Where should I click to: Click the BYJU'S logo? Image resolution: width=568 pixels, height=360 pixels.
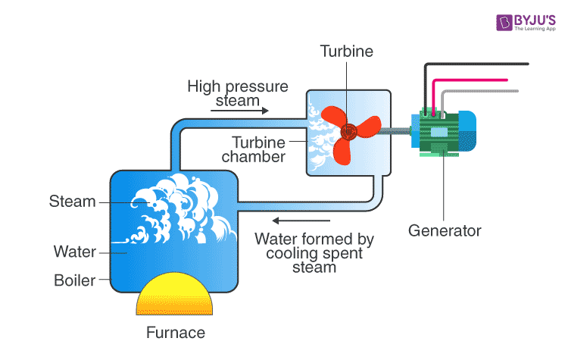[x=526, y=23]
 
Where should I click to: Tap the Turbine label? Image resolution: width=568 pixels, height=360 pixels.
[x=347, y=51]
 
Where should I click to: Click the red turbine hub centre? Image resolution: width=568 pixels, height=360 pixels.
[x=349, y=132]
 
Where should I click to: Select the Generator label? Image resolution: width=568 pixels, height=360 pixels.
[x=445, y=230]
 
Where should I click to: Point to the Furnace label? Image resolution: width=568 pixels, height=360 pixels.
[x=176, y=333]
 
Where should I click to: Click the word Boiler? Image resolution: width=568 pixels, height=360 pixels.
[x=75, y=280]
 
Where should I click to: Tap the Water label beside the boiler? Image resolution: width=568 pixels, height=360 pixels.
[x=75, y=252]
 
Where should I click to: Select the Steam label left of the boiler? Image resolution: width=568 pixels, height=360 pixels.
[x=73, y=201]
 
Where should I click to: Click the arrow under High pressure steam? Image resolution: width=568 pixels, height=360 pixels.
[x=239, y=111]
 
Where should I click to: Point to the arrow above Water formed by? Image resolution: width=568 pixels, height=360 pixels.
[x=301, y=221]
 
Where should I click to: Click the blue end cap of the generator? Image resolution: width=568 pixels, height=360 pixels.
[x=468, y=131]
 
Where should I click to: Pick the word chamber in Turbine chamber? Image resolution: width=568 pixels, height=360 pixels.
[x=254, y=157]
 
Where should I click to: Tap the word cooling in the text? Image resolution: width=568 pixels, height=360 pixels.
[x=288, y=253]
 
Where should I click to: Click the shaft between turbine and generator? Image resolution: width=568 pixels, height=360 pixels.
[x=395, y=131]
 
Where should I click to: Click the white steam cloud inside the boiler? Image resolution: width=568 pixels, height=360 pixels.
[x=177, y=208]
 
